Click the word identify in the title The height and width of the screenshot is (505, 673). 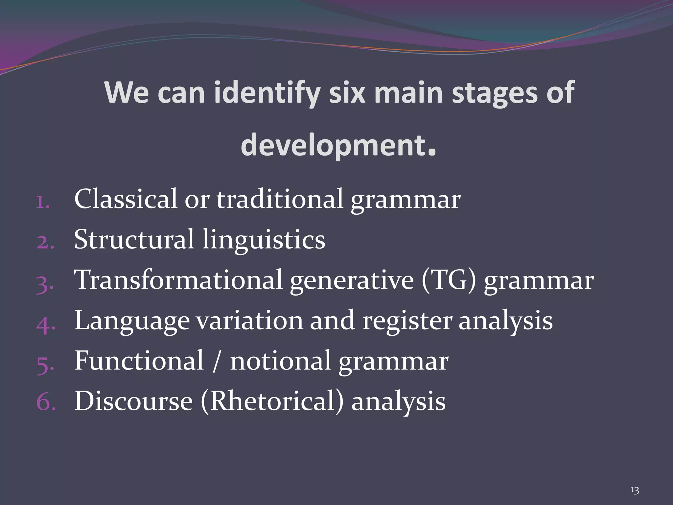pyautogui.click(x=267, y=93)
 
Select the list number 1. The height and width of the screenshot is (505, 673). pyautogui.click(x=42, y=202)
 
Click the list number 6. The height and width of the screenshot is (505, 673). pyautogui.click(x=45, y=402)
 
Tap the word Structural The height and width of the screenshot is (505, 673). pyautogui.click(x=134, y=240)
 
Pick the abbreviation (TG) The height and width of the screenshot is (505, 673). pyautogui.click(x=449, y=280)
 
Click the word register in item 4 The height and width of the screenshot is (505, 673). pyautogui.click(x=407, y=321)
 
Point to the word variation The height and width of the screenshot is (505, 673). pyautogui.click(x=250, y=321)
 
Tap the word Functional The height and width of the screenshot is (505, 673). pyautogui.click(x=139, y=361)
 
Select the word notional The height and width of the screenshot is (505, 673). pyautogui.click(x=280, y=361)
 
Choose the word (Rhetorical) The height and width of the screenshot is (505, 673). pyautogui.click(x=272, y=402)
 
